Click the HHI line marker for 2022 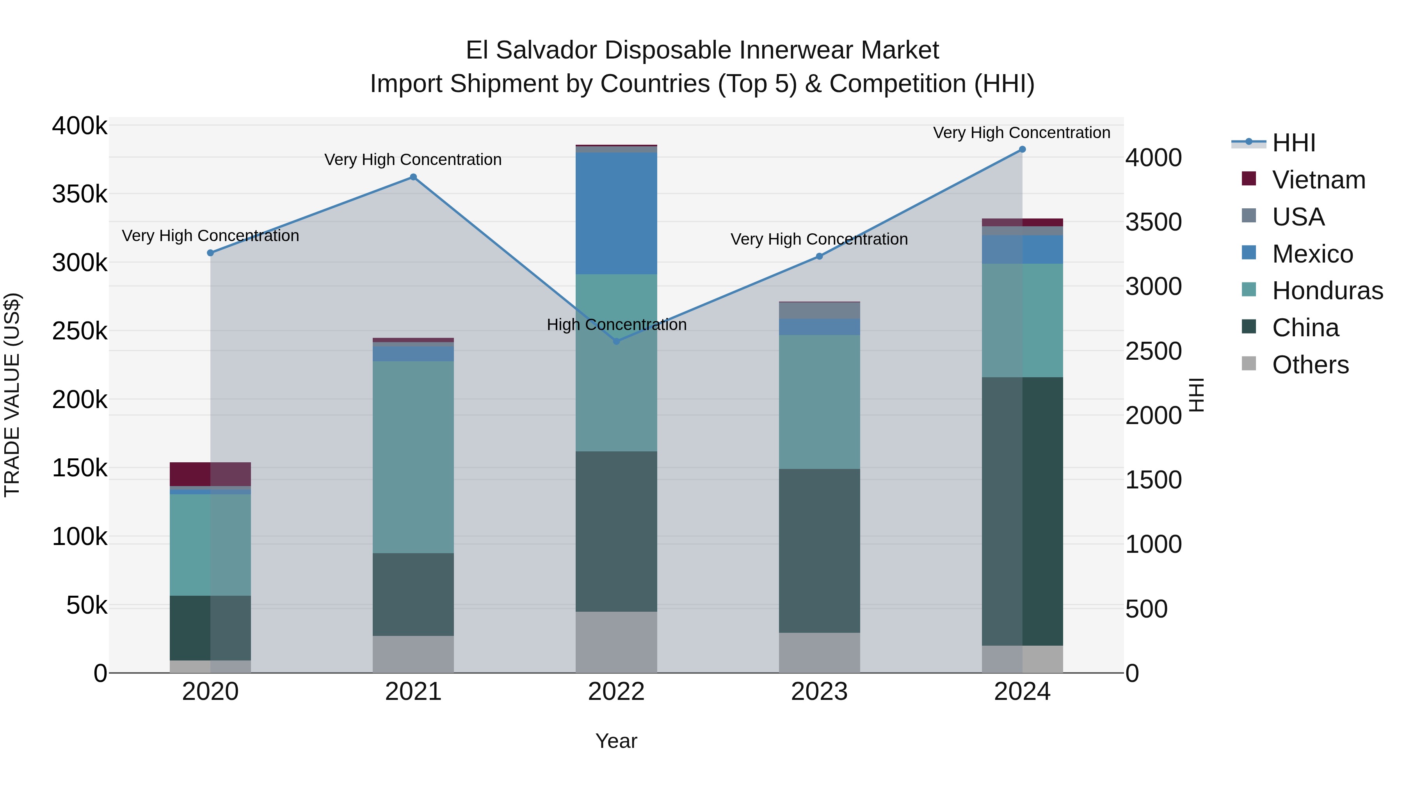tap(616, 341)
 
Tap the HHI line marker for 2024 tap(1022, 149)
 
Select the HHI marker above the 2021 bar tap(413, 177)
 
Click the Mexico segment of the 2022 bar tap(616, 213)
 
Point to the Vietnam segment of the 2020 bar tap(210, 474)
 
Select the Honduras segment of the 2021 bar tap(413, 457)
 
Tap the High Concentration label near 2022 tap(616, 325)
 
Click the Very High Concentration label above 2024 tap(1022, 133)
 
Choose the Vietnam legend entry tap(1318, 179)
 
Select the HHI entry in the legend tap(1293, 143)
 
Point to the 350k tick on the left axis tap(80, 194)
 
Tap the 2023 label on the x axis tap(819, 691)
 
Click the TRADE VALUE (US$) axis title tap(12, 395)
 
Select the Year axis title tap(616, 741)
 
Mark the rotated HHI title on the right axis tap(1196, 395)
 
